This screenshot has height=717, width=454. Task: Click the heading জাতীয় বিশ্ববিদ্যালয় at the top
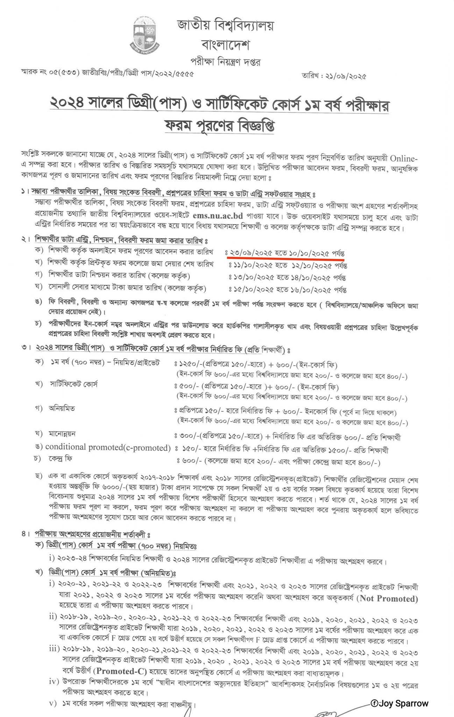pos(226,26)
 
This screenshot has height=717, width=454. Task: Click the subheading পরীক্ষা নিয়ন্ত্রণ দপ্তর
pos(226,62)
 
